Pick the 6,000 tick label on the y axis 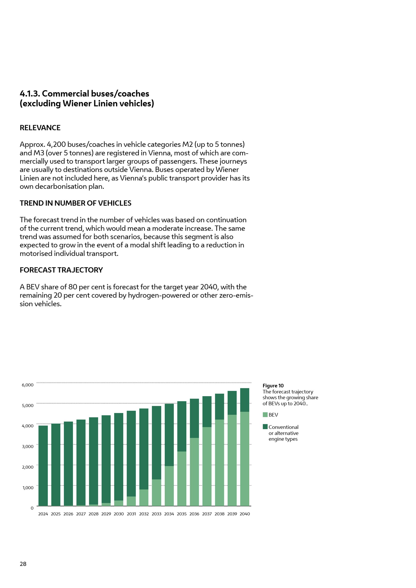click(x=28, y=385)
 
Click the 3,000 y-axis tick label click(x=28, y=446)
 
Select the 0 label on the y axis click(x=32, y=508)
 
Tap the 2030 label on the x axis click(x=119, y=514)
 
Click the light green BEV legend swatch click(x=265, y=415)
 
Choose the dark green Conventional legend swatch click(x=265, y=427)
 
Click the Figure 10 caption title click(x=273, y=386)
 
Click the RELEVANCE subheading click(x=40, y=128)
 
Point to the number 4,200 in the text click(x=56, y=145)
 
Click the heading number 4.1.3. click(x=30, y=94)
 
